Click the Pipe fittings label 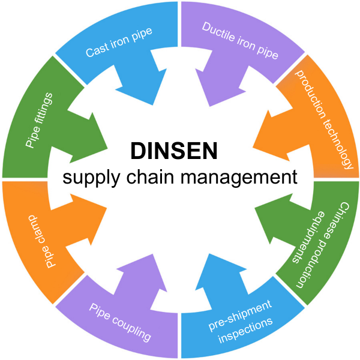pyautogui.click(x=38, y=119)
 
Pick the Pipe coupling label pyautogui.click(x=120, y=320)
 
